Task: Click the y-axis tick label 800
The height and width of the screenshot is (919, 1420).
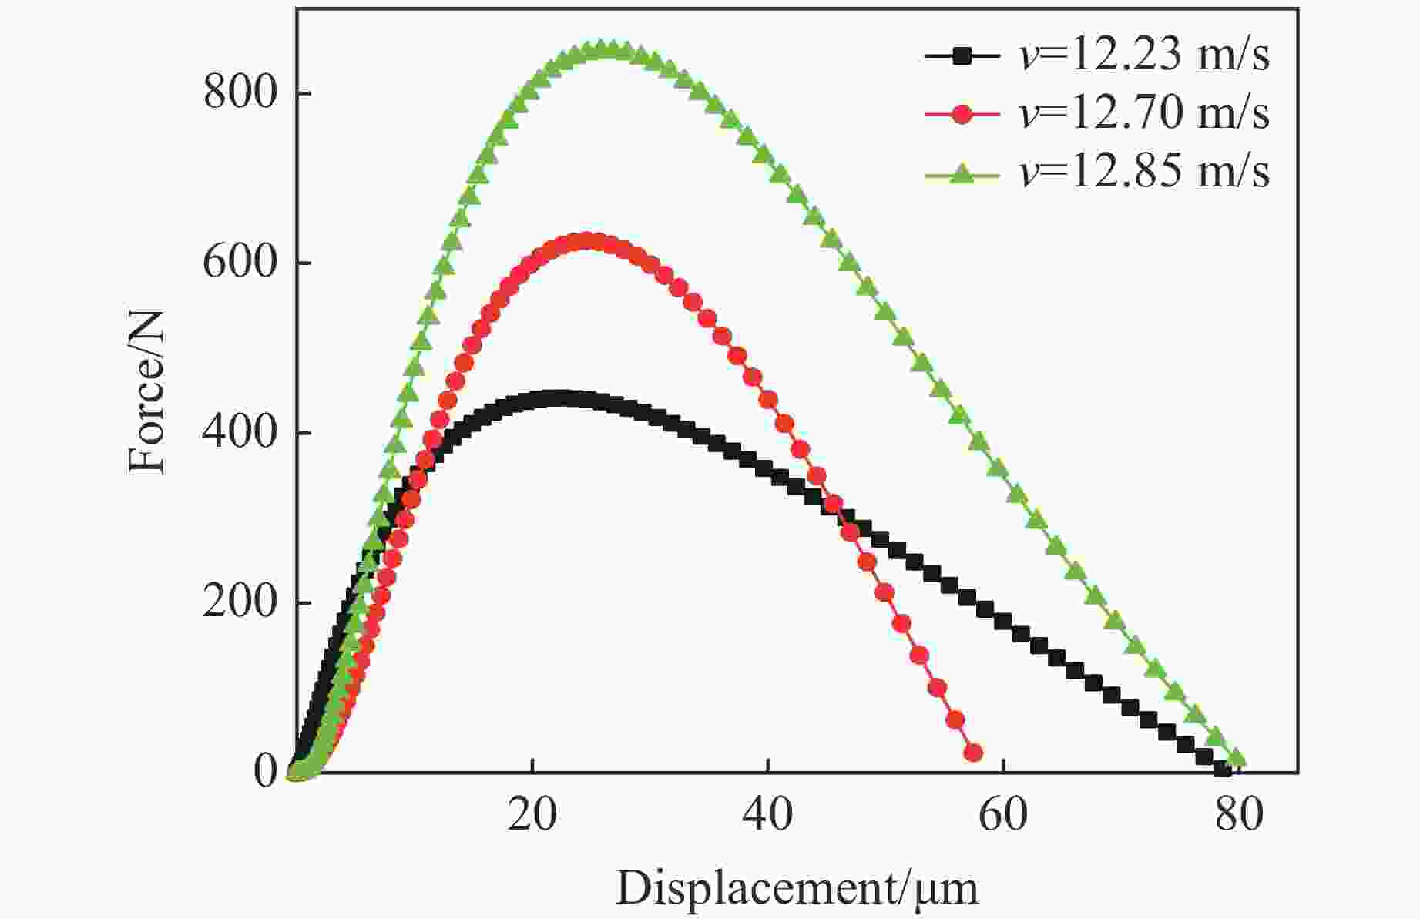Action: [x=240, y=94]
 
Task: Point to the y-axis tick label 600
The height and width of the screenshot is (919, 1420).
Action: [x=240, y=263]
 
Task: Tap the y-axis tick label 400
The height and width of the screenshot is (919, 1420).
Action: [x=240, y=433]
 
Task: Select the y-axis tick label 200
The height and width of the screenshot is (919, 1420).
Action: [x=240, y=602]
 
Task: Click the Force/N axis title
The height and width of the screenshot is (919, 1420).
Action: [x=147, y=391]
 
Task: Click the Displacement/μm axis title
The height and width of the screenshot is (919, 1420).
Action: [x=797, y=888]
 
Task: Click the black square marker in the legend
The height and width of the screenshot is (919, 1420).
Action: [x=961, y=55]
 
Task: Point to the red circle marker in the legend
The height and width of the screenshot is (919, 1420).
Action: [x=961, y=114]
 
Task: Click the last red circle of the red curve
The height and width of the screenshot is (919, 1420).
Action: [x=973, y=753]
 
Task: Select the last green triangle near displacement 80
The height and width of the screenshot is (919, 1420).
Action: [x=1236, y=759]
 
